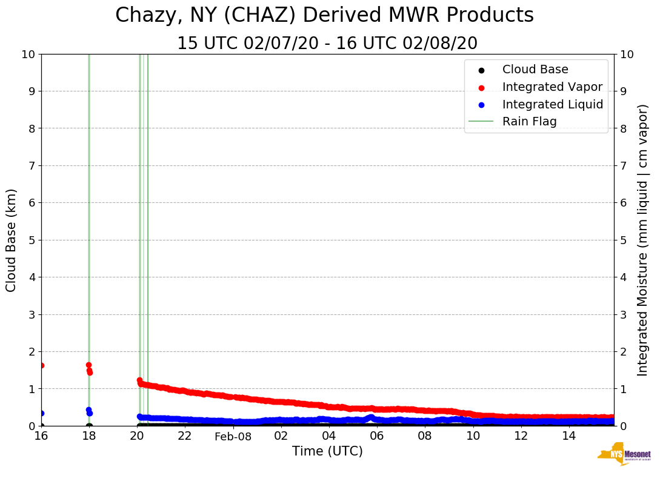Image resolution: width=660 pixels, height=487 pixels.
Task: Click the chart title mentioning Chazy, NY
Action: pos(324,16)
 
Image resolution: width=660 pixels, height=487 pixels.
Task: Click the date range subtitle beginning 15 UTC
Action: pos(327,44)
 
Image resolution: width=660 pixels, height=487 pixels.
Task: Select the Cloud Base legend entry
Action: pos(535,70)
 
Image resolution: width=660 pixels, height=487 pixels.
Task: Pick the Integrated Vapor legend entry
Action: pos(552,87)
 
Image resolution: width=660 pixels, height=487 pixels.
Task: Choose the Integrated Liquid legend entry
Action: pos(552,104)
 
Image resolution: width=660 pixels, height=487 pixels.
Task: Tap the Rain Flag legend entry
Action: pos(529,121)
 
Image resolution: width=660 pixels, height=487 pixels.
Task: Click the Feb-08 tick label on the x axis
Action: pos(233,436)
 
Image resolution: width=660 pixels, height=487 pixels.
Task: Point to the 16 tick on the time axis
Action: pos(41,436)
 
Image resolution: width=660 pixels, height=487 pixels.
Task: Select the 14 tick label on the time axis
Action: pos(568,436)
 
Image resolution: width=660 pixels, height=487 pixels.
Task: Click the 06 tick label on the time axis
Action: pos(376,436)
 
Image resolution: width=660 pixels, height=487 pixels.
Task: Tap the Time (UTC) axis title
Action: pos(327,451)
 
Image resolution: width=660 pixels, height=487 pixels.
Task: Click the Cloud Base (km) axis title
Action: pos(12,240)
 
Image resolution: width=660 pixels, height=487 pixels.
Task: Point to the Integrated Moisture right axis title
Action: pos(643,240)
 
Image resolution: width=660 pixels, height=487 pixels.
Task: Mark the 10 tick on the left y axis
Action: pos(28,54)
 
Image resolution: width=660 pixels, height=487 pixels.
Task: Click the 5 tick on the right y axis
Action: pos(623,240)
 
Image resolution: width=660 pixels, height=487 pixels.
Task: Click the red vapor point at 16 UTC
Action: pos(41,365)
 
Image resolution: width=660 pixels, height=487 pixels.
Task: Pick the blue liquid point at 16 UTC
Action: pos(41,413)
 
